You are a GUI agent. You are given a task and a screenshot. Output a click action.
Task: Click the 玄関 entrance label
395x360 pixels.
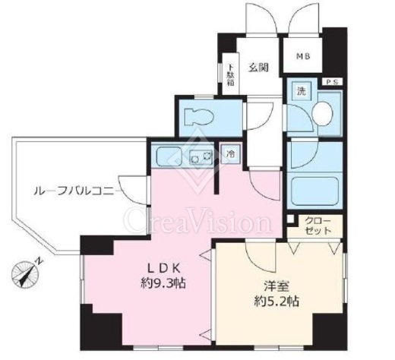258,68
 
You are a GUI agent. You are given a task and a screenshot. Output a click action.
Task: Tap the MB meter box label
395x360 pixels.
303,56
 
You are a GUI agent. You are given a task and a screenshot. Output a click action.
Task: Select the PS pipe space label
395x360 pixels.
332,82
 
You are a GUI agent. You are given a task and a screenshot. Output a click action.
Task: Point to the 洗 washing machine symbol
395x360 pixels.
302,91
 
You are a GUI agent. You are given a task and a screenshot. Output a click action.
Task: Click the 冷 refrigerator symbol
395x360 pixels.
230,153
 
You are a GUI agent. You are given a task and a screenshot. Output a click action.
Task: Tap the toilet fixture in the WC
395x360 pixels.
199,117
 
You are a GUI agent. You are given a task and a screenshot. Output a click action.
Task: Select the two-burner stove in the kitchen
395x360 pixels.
201,157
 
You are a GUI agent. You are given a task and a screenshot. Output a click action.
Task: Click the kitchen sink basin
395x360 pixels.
169,156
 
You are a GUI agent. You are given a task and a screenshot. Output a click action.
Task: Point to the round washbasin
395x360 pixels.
322,113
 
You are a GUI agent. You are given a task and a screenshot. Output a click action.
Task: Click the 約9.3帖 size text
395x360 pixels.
163,283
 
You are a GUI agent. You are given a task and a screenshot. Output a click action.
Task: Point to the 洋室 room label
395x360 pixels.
276,287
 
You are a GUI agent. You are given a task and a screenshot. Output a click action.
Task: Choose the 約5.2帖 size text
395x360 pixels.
276,302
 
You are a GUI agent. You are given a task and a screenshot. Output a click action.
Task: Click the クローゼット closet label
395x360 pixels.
318,226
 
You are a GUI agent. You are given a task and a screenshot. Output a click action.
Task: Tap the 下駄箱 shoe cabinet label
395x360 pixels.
230,75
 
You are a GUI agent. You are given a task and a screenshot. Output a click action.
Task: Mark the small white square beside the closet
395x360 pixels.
291,219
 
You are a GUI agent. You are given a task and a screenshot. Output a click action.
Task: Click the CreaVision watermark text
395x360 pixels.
197,221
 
